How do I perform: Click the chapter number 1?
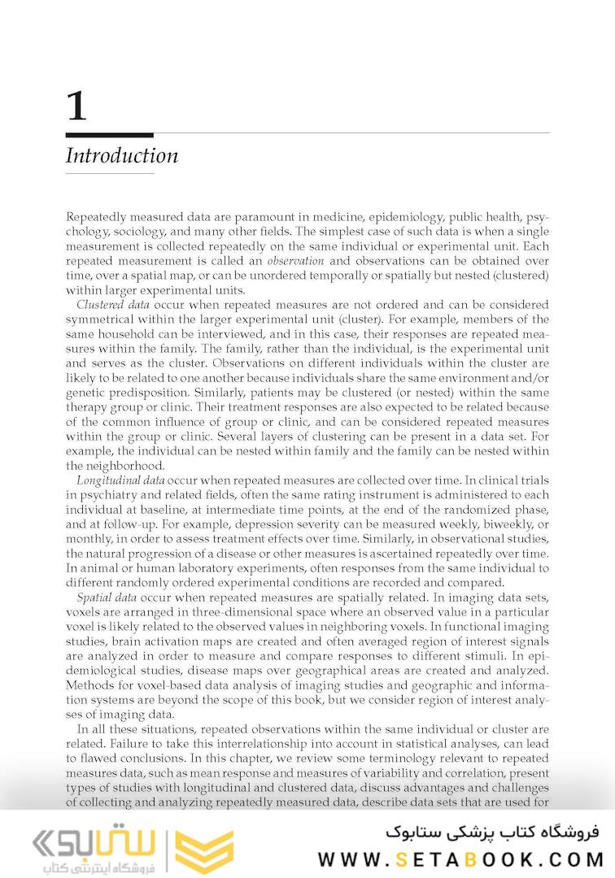coord(76,106)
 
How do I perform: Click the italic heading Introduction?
coord(121,155)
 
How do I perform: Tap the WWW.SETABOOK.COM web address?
coord(460,859)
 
